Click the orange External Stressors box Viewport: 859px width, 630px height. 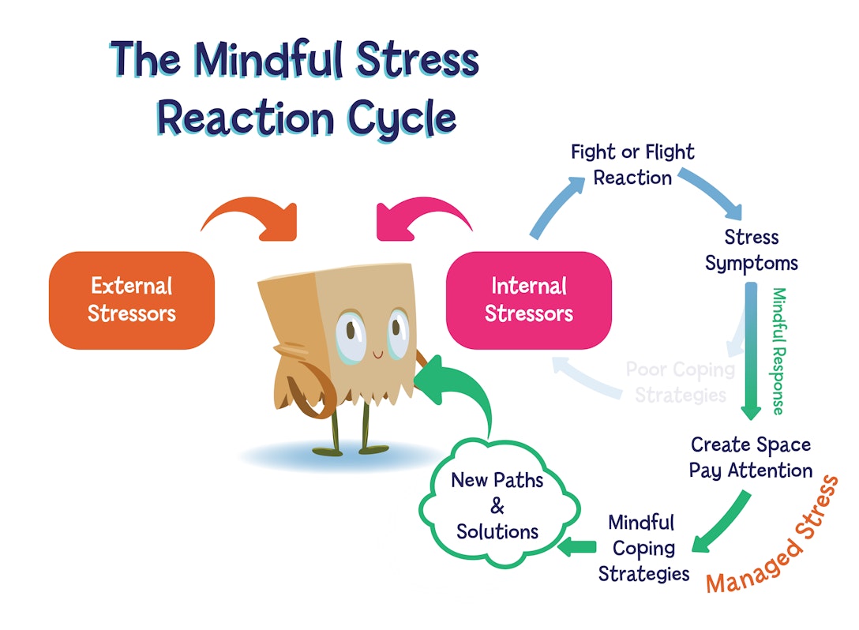click(131, 300)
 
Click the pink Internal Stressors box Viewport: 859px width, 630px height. click(528, 300)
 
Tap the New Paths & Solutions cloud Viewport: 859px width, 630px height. click(497, 505)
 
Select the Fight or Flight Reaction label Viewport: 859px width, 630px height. click(632, 164)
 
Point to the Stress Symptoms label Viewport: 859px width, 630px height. click(751, 250)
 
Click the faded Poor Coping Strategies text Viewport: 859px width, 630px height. click(680, 381)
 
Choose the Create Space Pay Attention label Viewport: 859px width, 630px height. click(750, 458)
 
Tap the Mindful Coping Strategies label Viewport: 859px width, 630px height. click(643, 547)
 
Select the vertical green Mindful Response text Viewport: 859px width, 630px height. click(778, 351)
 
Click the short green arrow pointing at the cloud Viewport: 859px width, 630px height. click(577, 546)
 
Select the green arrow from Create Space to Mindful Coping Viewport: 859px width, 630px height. click(722, 521)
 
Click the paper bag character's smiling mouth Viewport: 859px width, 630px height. click(378, 355)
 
